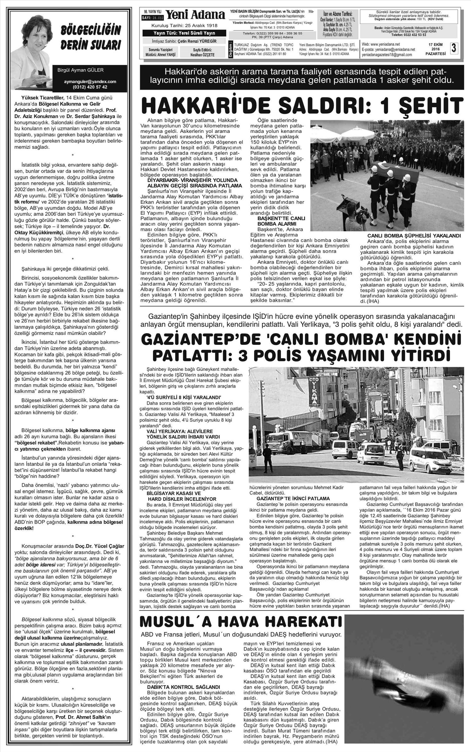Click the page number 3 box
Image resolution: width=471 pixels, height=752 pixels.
(454, 49)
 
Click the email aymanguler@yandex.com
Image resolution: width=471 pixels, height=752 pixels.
(90, 82)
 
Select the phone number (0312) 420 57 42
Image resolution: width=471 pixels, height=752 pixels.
(90, 87)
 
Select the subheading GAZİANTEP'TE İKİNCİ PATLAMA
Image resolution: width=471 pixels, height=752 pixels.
(293, 498)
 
